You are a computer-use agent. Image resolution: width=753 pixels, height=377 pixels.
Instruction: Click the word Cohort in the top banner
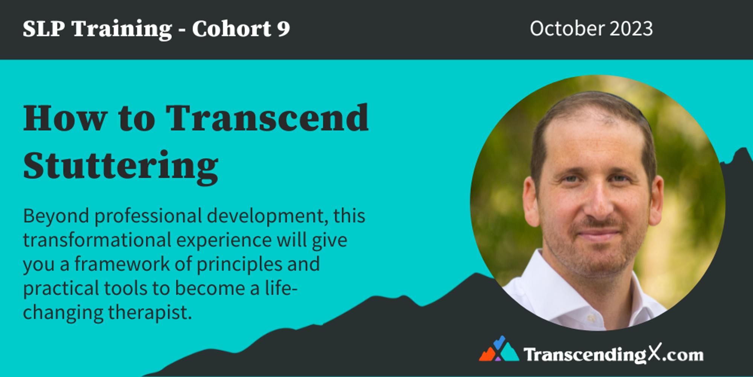tap(231, 29)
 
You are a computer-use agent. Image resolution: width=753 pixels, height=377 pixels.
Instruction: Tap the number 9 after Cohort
tap(284, 29)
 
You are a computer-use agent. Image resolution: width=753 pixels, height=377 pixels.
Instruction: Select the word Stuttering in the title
tap(120, 166)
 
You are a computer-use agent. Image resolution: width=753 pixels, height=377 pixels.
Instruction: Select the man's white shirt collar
tap(535, 279)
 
